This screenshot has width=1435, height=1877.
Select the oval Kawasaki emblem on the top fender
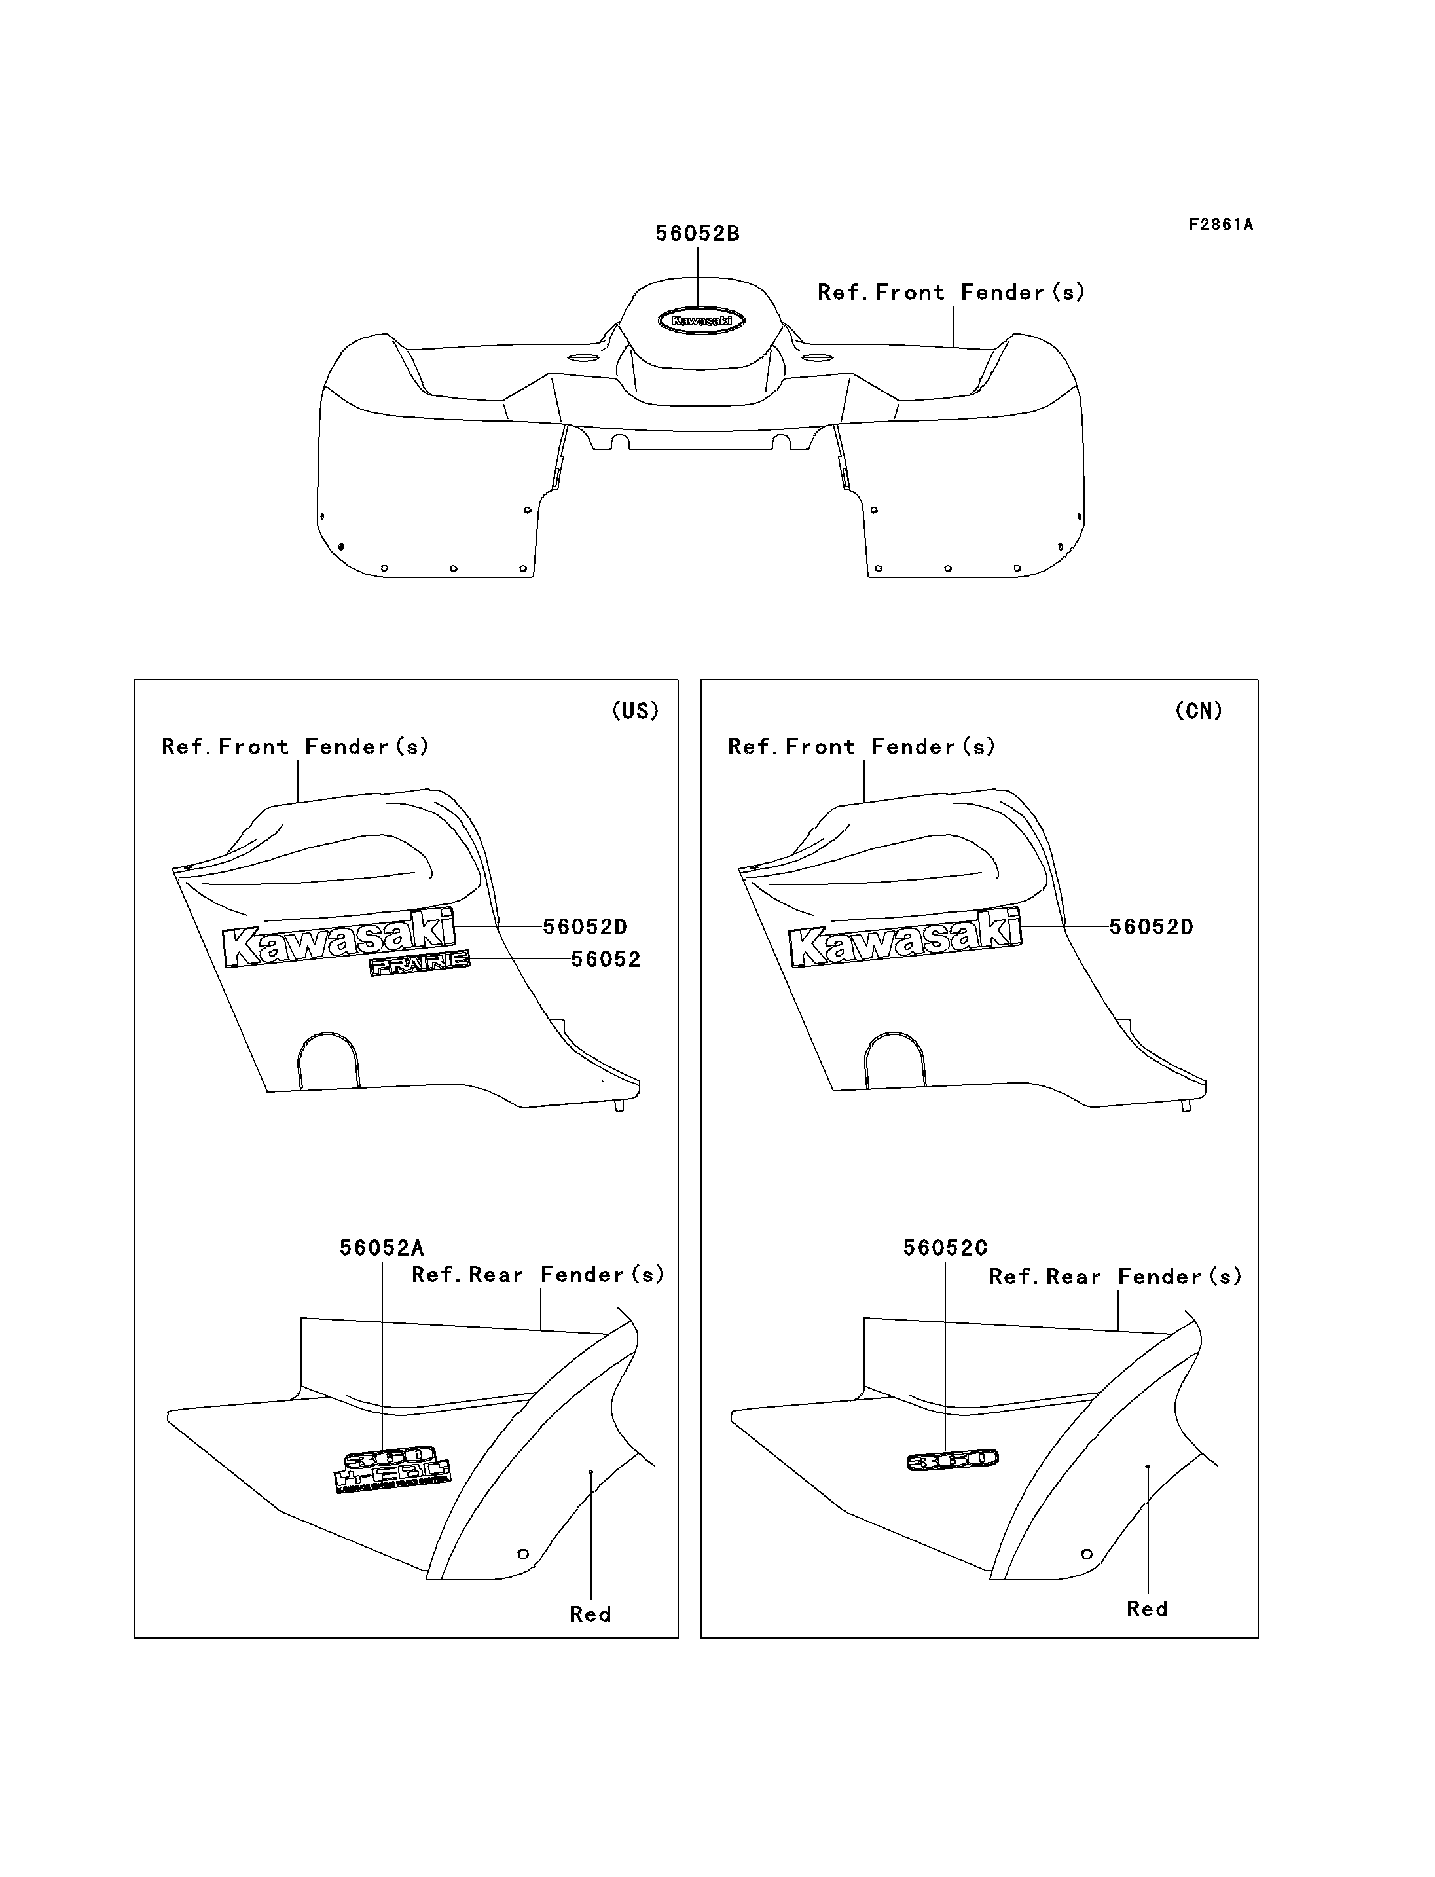point(701,320)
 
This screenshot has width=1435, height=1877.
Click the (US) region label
point(636,711)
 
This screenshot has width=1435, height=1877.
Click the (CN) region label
point(1199,711)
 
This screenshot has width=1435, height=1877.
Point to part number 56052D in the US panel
point(585,927)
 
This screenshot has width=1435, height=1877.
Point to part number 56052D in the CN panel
point(1151,927)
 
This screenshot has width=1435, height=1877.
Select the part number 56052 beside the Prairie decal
point(606,959)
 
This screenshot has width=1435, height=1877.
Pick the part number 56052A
point(382,1248)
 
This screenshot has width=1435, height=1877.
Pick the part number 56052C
point(945,1248)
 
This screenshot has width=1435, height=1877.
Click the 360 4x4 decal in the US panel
point(392,1468)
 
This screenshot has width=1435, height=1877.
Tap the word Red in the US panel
point(590,1614)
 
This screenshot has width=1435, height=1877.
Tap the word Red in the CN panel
point(1146,1610)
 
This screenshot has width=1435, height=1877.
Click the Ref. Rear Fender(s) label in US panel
point(538,1275)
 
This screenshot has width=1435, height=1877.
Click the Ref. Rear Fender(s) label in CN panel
point(1115,1277)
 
